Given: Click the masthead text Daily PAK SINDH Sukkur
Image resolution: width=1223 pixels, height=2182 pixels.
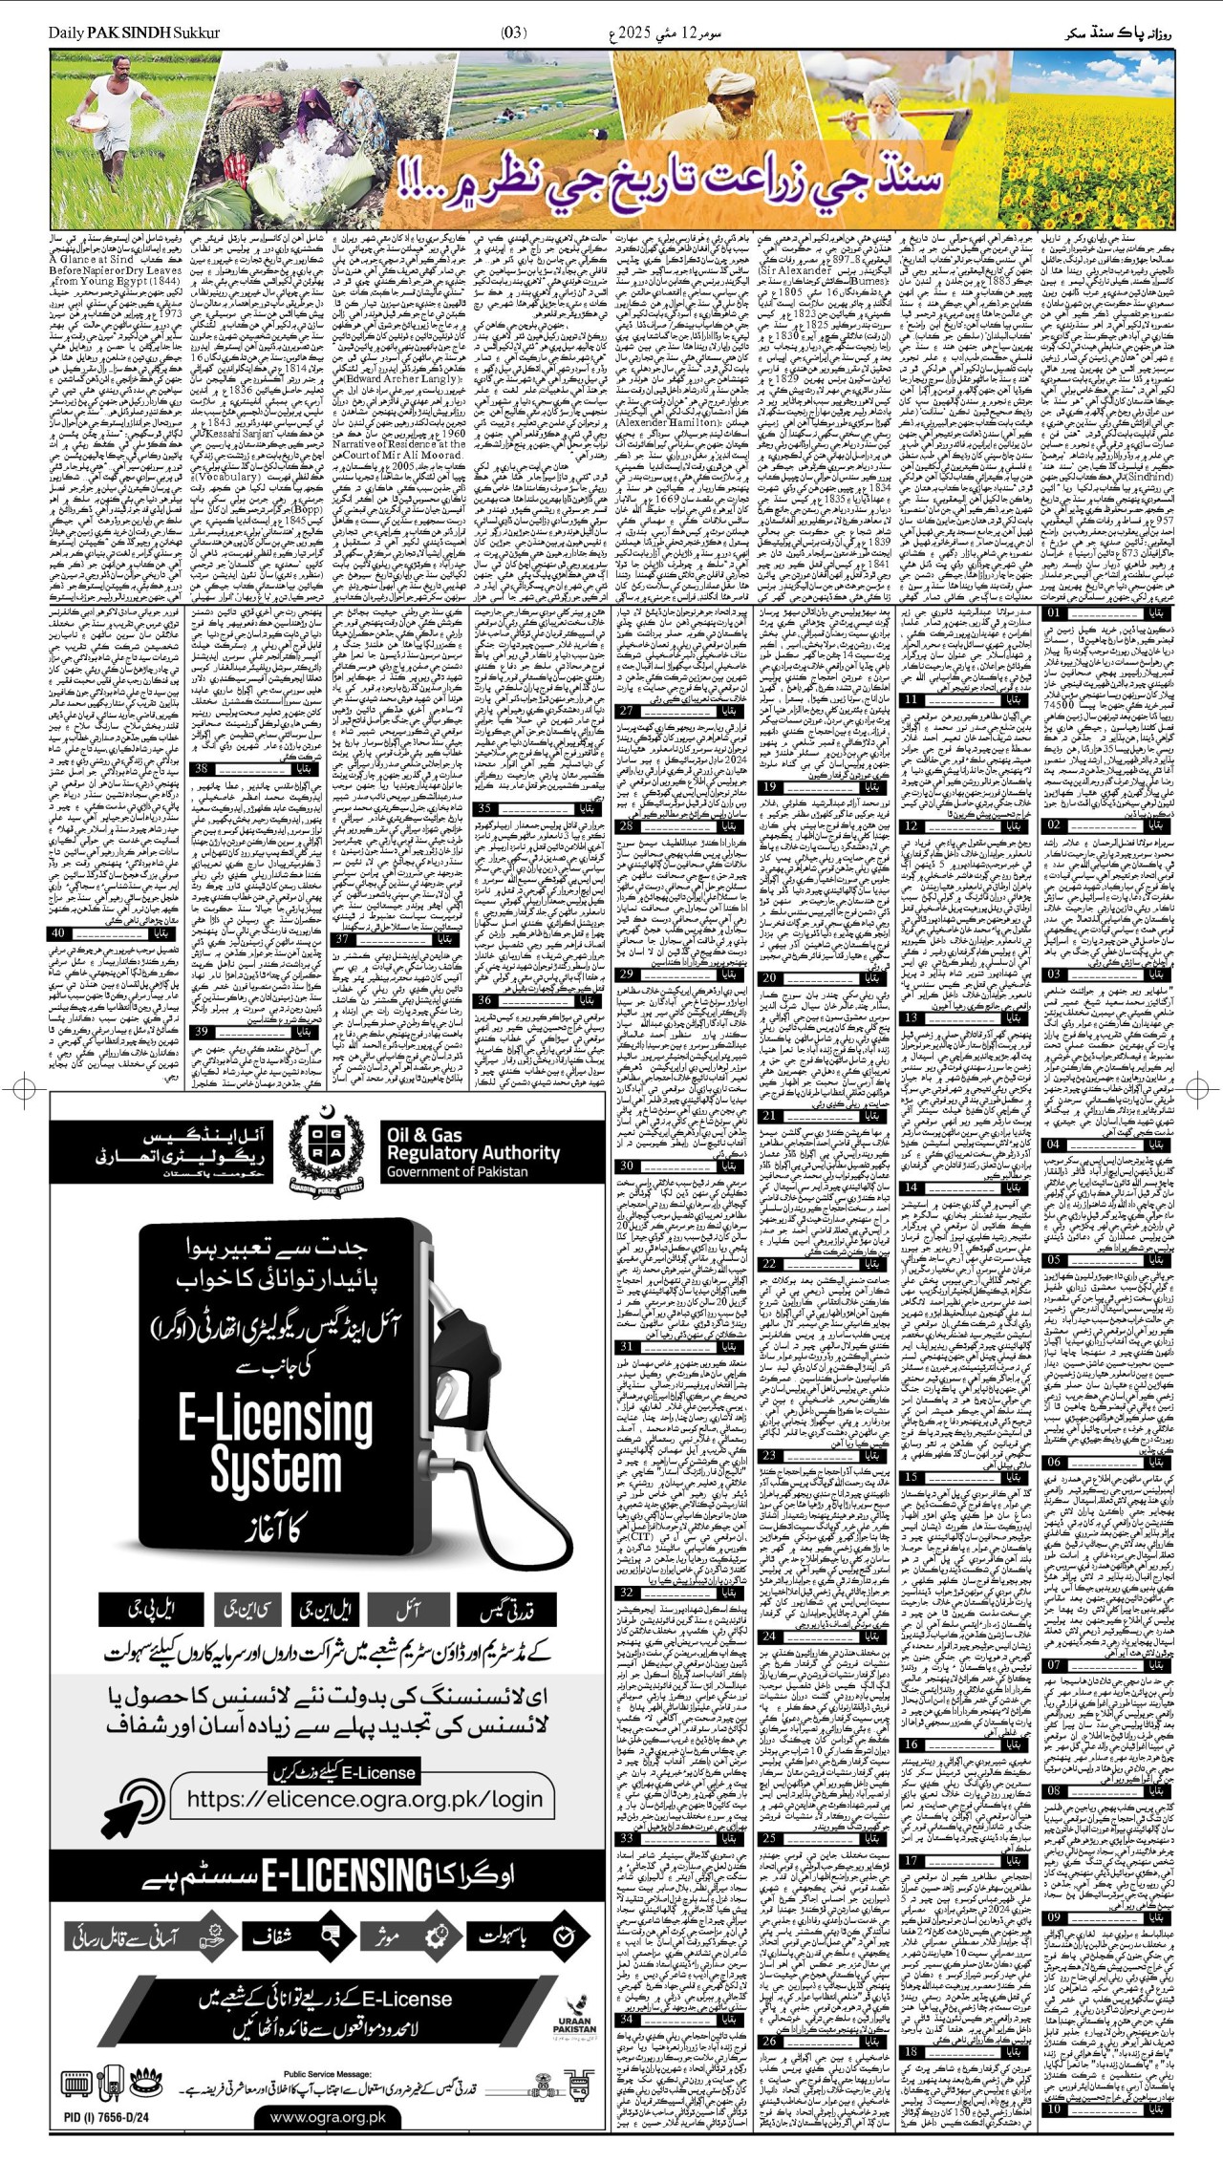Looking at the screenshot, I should pos(135,33).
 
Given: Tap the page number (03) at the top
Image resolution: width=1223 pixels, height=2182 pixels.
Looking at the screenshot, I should pos(513,33).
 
